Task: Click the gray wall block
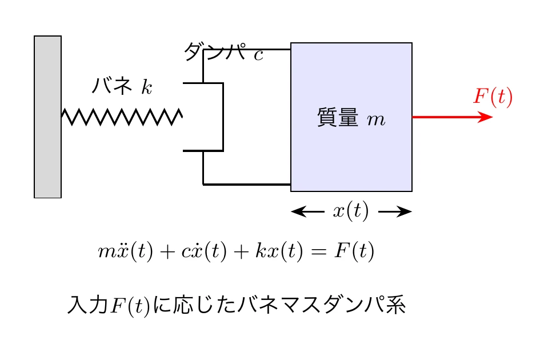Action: (x=47, y=117)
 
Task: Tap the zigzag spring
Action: (x=122, y=117)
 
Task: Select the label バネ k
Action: (x=122, y=87)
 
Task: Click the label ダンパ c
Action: (x=223, y=53)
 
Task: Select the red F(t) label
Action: (x=493, y=97)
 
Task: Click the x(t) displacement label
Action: (x=350, y=211)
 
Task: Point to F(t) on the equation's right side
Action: (x=354, y=252)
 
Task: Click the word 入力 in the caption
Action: (x=87, y=305)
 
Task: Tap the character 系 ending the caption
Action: (x=395, y=305)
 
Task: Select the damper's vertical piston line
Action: (x=223, y=117)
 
